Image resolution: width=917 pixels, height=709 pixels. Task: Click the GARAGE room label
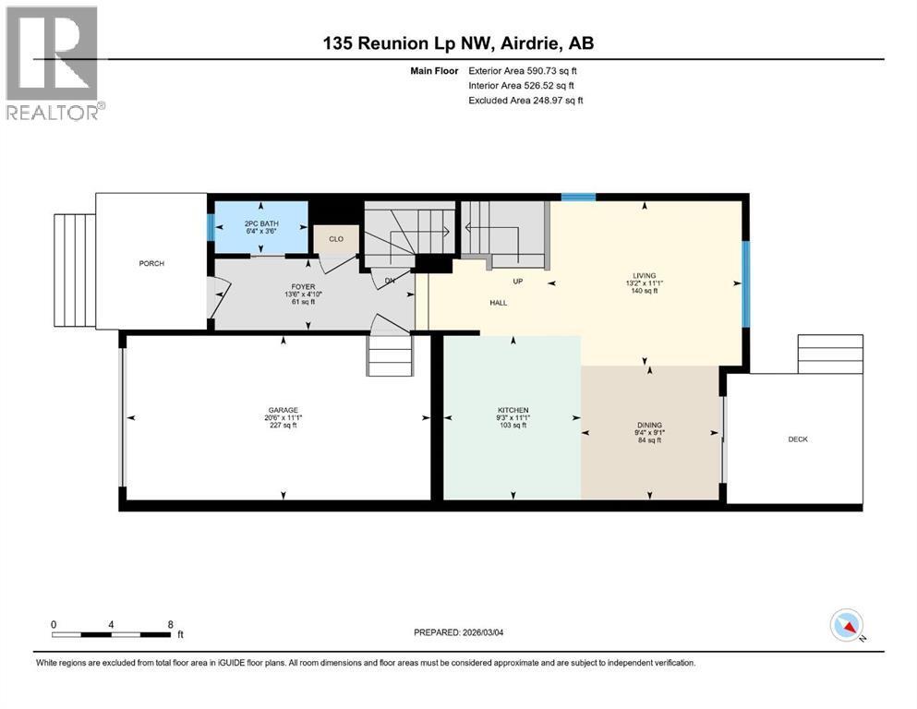coord(282,410)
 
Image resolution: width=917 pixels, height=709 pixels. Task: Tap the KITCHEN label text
coord(513,410)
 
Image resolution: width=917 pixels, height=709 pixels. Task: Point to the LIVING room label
coord(643,275)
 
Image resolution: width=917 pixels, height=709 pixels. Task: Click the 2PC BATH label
coord(259,223)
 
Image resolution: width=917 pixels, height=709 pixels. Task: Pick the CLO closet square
coord(335,239)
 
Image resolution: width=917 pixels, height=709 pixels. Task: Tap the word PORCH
coord(151,264)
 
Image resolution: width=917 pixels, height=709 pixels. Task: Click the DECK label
coord(798,439)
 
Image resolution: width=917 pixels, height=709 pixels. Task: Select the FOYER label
coord(303,287)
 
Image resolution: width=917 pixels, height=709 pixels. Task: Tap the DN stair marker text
coord(392,282)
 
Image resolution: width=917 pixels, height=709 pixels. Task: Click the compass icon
coord(846,626)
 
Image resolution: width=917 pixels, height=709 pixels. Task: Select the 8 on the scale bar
coord(170,624)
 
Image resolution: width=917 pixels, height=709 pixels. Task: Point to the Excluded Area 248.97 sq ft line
coord(525,100)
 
